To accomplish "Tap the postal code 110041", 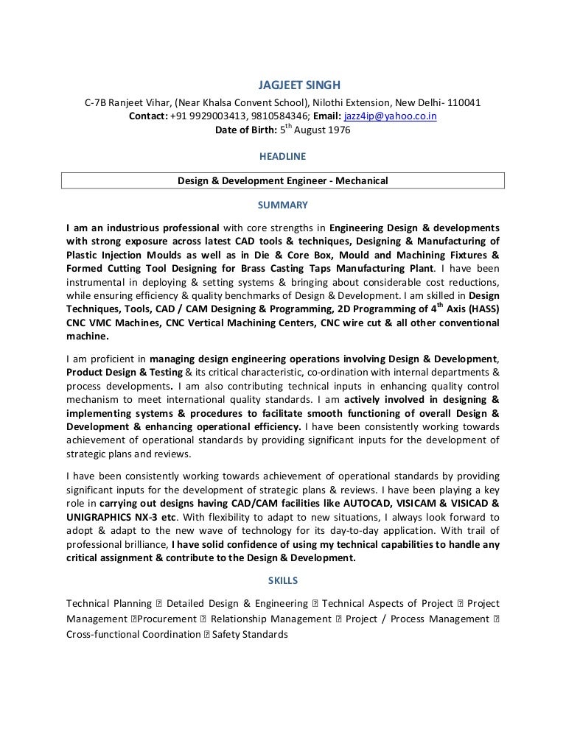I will click(464, 102).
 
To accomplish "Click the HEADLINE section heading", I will click(283, 156).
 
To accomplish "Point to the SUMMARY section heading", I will click(283, 205).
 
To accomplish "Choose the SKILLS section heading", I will click(283, 581).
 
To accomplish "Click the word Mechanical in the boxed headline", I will click(361, 180).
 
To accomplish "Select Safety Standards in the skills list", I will click(251, 634).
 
